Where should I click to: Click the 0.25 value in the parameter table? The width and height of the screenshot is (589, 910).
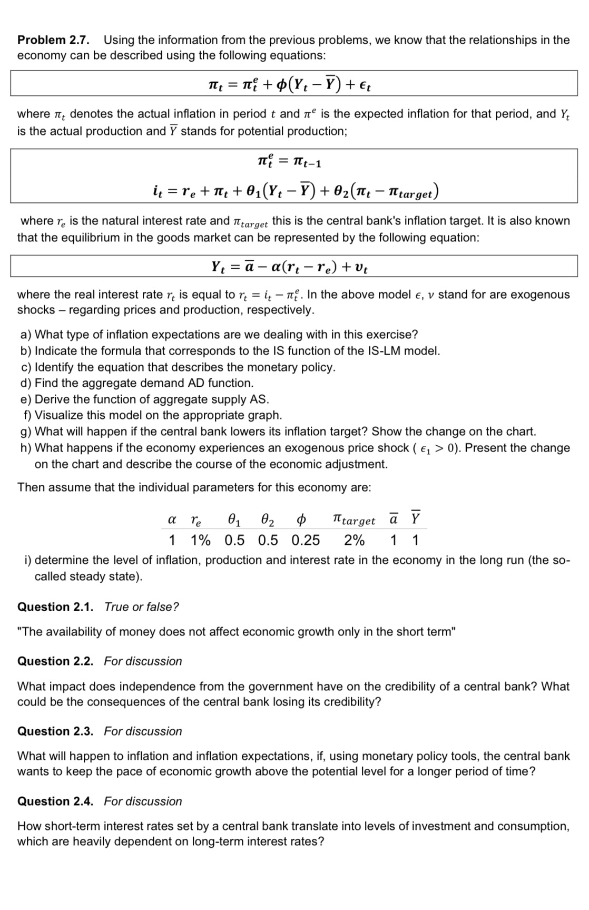click(305, 540)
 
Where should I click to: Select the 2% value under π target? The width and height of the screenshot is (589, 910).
click(354, 540)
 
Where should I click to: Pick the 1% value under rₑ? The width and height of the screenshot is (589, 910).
click(200, 540)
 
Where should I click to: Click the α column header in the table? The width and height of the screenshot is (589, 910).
click(172, 520)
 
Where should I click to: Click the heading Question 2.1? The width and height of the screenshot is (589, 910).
click(55, 607)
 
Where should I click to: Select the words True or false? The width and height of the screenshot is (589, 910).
click(141, 607)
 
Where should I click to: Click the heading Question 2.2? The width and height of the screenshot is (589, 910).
click(55, 661)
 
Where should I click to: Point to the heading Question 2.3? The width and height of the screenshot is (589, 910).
click(55, 731)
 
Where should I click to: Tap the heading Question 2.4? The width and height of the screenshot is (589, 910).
click(55, 801)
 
